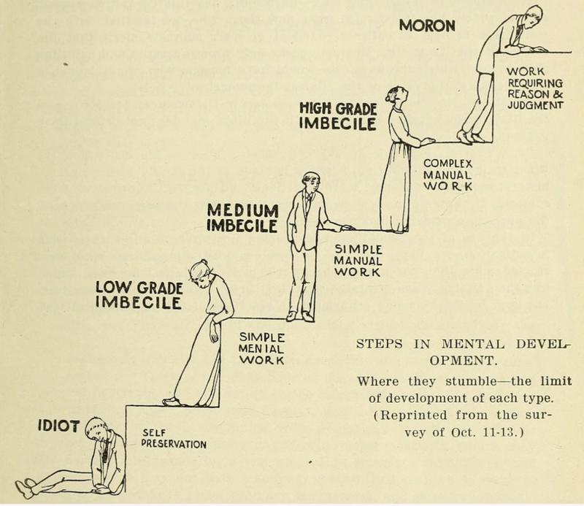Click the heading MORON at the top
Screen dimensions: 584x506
point(427,26)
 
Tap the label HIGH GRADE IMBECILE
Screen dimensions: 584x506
point(338,117)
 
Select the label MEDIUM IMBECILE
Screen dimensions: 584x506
point(242,218)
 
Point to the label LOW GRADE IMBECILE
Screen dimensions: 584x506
point(139,295)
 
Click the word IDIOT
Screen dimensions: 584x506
point(58,426)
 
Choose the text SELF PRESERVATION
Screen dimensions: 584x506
point(174,439)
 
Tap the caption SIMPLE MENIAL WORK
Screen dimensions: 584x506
point(261,349)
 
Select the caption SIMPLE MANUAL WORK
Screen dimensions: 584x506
point(358,261)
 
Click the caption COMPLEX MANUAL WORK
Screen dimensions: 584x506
point(447,175)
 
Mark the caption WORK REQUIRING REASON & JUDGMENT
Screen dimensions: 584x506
point(535,88)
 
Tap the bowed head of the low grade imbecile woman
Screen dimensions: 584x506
point(199,273)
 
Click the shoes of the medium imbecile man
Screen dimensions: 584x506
point(300,316)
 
